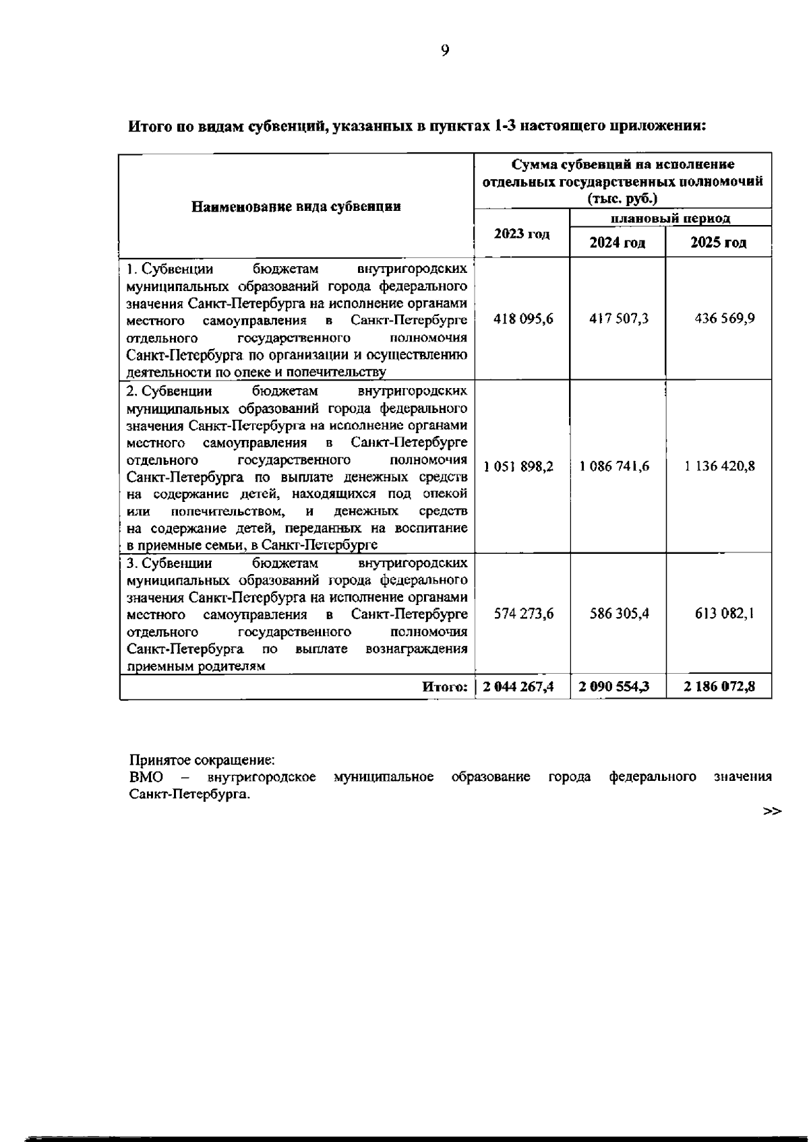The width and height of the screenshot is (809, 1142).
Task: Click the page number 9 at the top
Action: [x=445, y=51]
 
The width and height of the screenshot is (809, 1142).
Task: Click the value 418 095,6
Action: [x=523, y=319]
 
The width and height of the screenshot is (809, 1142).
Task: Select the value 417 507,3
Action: [x=619, y=319]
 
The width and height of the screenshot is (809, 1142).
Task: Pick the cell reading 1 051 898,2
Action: [x=518, y=466]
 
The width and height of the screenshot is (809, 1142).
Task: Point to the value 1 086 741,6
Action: [x=614, y=466]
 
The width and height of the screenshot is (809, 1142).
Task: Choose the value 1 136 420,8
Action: [x=719, y=466]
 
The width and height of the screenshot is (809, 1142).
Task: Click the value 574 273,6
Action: [x=524, y=614]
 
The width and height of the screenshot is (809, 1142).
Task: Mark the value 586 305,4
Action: [x=619, y=614]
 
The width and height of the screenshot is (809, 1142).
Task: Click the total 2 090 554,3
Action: [x=614, y=687]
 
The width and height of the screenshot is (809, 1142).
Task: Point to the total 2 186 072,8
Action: [x=719, y=687]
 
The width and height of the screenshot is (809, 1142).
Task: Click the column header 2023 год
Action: [x=522, y=234]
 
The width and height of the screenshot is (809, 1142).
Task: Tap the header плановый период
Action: [x=670, y=218]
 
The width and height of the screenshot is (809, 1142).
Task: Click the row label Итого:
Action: [x=445, y=687]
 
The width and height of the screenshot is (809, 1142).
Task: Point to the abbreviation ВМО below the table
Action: [x=146, y=777]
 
